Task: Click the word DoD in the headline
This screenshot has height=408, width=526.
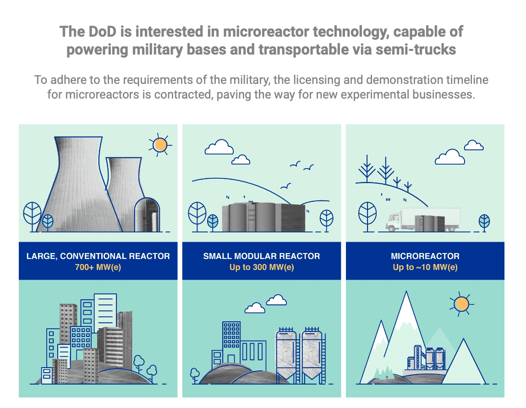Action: click(102, 32)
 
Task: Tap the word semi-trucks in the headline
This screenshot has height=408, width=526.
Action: click(416, 50)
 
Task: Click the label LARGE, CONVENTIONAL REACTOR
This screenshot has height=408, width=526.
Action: click(98, 256)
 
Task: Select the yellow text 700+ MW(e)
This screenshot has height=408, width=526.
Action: click(98, 267)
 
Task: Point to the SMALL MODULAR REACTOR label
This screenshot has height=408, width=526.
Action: click(262, 256)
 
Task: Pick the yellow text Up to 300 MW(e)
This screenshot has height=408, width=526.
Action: click(262, 267)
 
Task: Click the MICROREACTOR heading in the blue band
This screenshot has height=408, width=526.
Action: click(425, 256)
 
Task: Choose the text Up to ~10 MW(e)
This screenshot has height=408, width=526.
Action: click(425, 267)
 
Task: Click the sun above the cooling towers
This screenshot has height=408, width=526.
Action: click(160, 145)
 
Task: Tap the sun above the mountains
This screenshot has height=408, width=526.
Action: click(461, 304)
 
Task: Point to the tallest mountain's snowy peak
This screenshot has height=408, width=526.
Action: click(406, 305)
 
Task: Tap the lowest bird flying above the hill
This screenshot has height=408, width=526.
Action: click(286, 186)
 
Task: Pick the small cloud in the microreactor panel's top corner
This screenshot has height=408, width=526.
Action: click(474, 145)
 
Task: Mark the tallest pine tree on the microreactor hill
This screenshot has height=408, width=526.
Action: click(367, 169)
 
